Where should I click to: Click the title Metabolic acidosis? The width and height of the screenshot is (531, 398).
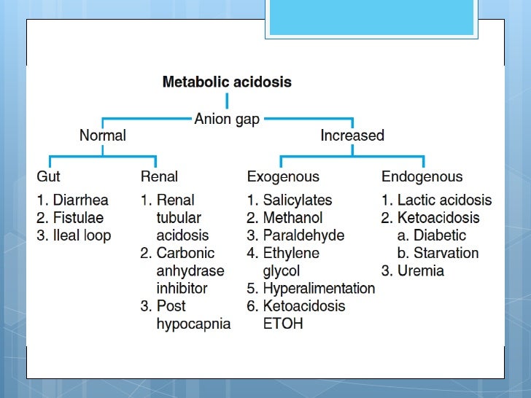click(x=226, y=82)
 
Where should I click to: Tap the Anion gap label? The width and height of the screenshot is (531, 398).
click(x=226, y=119)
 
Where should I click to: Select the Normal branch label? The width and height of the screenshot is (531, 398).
click(x=103, y=136)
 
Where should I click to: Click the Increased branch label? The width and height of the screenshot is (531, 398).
click(x=352, y=136)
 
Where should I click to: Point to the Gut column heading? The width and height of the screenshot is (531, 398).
click(x=49, y=176)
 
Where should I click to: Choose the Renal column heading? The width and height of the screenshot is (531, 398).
click(x=159, y=176)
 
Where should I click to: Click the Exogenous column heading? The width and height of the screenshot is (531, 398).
click(x=283, y=176)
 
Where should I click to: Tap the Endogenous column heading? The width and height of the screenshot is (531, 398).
click(x=422, y=176)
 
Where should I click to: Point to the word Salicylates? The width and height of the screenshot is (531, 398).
click(x=297, y=200)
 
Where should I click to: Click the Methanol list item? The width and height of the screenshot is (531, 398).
click(x=292, y=217)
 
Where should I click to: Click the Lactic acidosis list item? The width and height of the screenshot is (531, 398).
click(x=444, y=200)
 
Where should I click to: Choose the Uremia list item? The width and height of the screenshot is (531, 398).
click(x=420, y=271)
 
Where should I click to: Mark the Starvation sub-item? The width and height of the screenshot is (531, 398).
click(x=446, y=253)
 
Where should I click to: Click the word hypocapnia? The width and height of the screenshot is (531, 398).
click(x=193, y=324)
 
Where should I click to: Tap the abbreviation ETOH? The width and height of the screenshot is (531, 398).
click(x=283, y=324)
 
